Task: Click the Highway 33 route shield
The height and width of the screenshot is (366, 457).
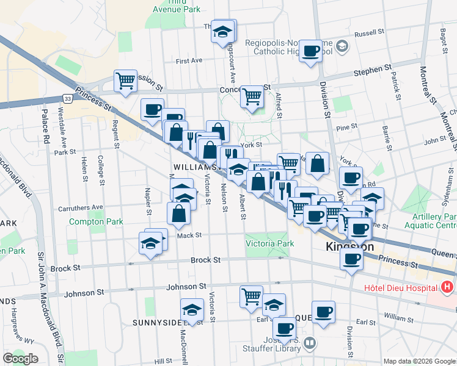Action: click(67, 98)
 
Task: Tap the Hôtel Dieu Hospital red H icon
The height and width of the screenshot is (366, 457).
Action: click(447, 286)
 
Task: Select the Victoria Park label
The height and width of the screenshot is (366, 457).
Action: click(269, 243)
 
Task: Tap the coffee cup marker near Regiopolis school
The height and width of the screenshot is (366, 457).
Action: click(310, 51)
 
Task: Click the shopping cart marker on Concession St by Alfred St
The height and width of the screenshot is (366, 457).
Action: click(252, 95)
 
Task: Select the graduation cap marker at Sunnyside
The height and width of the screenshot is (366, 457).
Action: click(192, 309)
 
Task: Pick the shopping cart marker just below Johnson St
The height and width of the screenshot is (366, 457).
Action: click(251, 296)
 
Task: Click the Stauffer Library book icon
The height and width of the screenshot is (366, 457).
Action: click(310, 343)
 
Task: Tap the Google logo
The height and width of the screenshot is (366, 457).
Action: click(20, 359)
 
